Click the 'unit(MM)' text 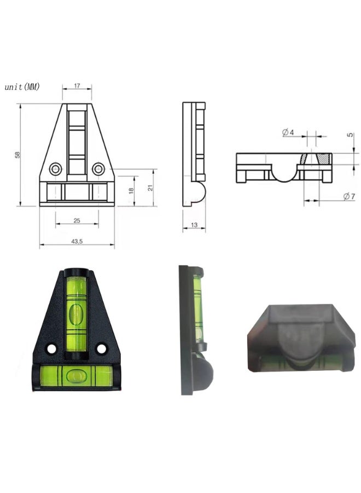pos(22,87)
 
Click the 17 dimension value pos(77,85)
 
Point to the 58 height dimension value pos(18,154)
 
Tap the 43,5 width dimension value pos(77,242)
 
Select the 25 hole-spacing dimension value pos(77,221)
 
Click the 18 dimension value pos(131,191)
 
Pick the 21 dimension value pos(150,188)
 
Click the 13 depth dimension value pos(194,225)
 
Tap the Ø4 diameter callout pos(288,133)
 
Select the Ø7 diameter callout pos(349,197)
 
